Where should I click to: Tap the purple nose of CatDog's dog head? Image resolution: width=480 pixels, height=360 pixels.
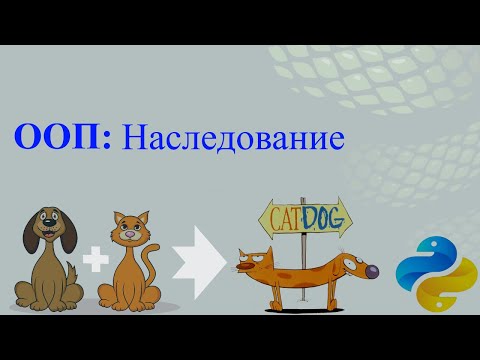point(374,271)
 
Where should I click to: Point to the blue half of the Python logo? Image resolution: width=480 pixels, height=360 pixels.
point(419,259)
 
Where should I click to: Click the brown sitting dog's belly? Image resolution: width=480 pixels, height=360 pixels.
point(50,279)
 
